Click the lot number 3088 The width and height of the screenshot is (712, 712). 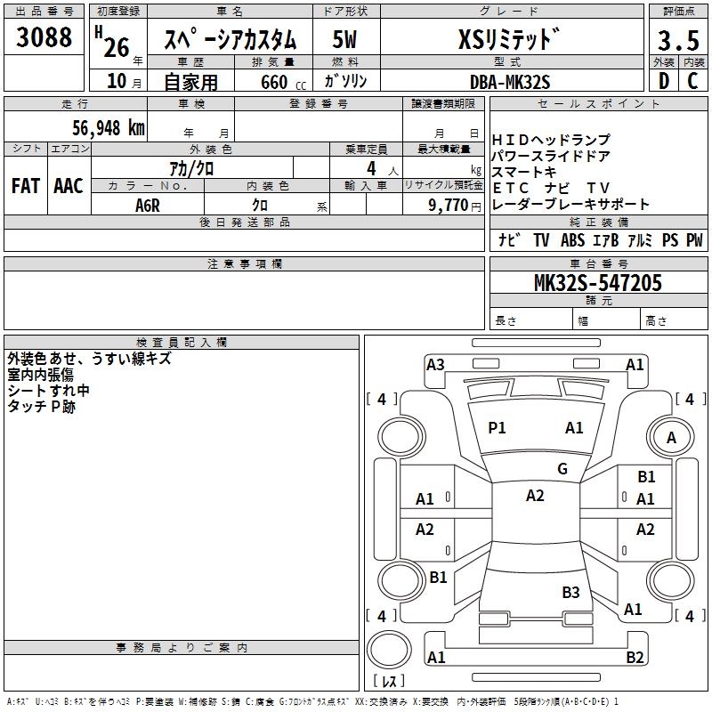44,38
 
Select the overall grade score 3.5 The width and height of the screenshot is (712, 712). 677,41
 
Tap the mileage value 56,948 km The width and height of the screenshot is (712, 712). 97,127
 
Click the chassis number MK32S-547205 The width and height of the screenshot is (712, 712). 597,283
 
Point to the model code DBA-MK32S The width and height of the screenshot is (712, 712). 510,81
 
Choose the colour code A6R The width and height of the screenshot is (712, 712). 148,205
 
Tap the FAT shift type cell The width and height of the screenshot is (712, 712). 26,186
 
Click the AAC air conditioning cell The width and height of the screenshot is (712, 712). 69,186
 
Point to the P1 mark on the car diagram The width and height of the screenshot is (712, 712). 497,428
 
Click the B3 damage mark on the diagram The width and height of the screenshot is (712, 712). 570,593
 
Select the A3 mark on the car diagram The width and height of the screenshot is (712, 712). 435,364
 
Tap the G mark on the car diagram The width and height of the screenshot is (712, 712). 562,469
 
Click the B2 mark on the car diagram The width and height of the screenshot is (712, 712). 635,658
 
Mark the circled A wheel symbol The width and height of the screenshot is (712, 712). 671,437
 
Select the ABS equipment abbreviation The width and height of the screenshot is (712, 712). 572,240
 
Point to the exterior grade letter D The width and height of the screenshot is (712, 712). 664,81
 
